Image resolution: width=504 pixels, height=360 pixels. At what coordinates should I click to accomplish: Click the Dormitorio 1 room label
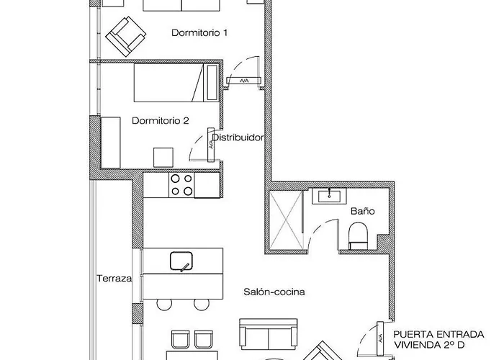coord(199,33)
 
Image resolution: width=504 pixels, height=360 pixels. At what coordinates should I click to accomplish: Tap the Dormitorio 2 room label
coord(161,121)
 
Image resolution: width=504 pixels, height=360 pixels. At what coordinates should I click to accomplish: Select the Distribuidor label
coord(238,138)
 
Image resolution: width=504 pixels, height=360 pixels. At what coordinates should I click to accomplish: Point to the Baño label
coord(363,211)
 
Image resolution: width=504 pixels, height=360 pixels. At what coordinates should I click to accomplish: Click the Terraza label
coord(114,279)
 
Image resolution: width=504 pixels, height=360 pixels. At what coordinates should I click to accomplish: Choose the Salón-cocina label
coord(274,292)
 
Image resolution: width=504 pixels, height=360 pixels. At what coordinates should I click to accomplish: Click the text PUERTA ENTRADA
coord(438,335)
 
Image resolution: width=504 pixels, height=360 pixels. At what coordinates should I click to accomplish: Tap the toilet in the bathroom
coord(358,236)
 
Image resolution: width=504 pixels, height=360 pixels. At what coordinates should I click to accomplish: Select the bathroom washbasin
coord(329,196)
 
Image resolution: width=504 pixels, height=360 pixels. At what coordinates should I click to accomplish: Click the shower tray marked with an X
coord(286,220)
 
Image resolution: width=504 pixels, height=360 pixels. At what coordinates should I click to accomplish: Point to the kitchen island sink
coord(181,261)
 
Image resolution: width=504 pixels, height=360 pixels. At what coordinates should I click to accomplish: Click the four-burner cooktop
coord(181,185)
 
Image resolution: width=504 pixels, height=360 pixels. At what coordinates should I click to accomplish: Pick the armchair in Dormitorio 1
coord(126,37)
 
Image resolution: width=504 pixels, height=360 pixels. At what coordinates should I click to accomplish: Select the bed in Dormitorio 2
coord(176,83)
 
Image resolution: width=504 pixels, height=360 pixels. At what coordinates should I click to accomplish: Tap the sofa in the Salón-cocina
coord(269,334)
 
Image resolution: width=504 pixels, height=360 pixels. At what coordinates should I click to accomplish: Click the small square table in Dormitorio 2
coord(163,158)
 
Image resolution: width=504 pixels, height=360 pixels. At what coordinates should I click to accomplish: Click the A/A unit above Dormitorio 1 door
coord(244,81)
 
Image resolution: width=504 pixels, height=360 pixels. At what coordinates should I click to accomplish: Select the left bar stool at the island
coord(164,304)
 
